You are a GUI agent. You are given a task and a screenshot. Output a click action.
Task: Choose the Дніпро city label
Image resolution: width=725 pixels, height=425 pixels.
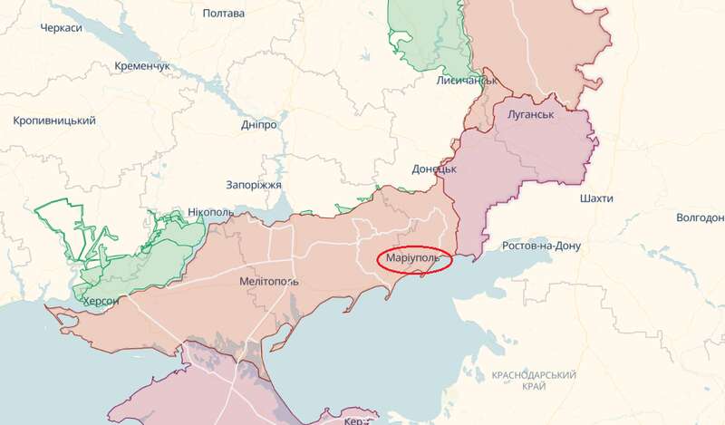point(259,124)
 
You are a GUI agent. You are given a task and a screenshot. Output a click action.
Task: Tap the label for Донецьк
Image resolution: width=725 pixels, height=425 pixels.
point(434,169)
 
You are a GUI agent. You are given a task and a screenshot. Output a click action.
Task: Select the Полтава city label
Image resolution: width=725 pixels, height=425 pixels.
point(224,14)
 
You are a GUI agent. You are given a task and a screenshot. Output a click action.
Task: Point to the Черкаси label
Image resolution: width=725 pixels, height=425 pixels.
point(62,29)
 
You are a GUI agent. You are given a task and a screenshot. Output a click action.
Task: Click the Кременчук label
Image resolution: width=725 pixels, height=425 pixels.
point(142,66)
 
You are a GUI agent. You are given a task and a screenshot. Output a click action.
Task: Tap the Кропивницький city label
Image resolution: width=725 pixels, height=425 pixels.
point(54,121)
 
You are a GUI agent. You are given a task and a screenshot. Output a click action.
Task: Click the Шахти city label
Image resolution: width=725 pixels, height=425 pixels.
point(594,198)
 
